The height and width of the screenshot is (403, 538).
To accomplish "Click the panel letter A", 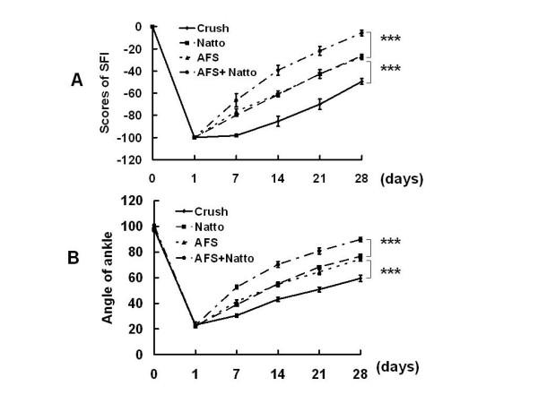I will [79, 80].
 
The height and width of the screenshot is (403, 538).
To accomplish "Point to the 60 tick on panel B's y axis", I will [139, 278].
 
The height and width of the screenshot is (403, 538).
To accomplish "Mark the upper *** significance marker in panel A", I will [391, 39].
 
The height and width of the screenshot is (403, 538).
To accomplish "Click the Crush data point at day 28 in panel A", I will [361, 81].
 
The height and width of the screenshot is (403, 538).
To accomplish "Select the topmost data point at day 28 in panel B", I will [361, 239].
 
